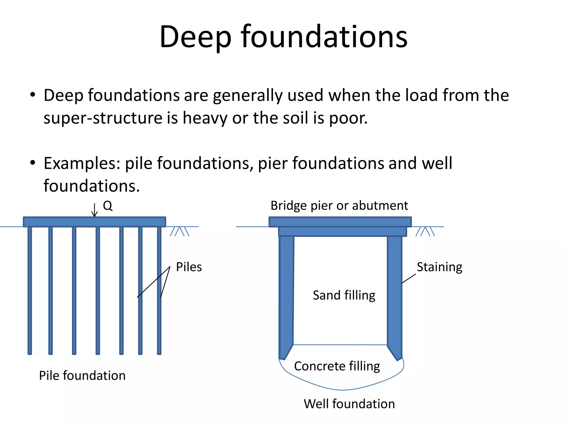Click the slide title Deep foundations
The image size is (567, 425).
pyautogui.click(x=283, y=37)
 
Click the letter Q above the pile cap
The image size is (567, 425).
pyautogui.click(x=108, y=206)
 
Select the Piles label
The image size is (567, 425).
pyautogui.click(x=189, y=267)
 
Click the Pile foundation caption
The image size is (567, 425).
pyautogui.click(x=82, y=375)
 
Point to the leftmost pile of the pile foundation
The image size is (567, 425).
pyautogui.click(x=30, y=291)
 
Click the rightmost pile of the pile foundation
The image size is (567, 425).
pyautogui.click(x=159, y=291)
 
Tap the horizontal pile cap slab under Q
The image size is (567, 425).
pyautogui.click(x=94, y=222)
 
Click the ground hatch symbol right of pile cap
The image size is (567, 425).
pyautogui.click(x=179, y=231)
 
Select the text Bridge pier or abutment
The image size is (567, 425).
pyautogui.click(x=339, y=206)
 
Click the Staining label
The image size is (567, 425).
pyautogui.click(x=439, y=267)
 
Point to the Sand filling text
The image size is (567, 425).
pyautogui.click(x=344, y=295)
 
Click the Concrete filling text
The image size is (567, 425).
pyautogui.click(x=337, y=366)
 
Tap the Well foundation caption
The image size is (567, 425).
pyautogui.click(x=349, y=404)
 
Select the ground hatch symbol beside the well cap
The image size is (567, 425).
pyautogui.click(x=425, y=231)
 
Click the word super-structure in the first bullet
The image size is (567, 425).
pyautogui.click(x=102, y=118)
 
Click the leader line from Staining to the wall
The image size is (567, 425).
pyautogui.click(x=409, y=279)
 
